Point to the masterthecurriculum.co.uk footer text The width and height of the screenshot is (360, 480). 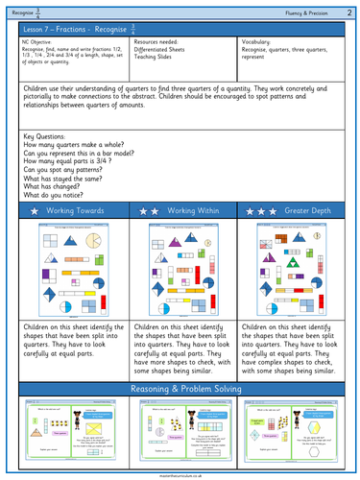pos(180,474)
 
